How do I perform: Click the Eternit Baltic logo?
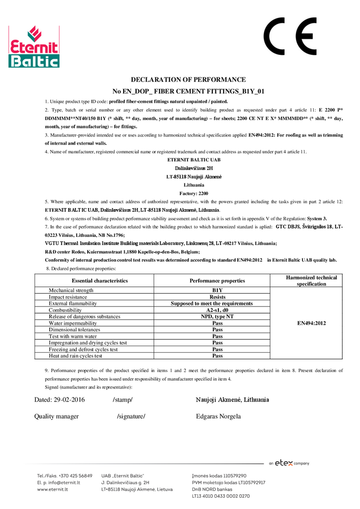[34, 47]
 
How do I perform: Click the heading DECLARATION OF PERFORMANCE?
[188, 79]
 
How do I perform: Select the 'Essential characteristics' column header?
[100, 280]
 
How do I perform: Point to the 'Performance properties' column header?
[217, 280]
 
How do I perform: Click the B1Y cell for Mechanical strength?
[217, 290]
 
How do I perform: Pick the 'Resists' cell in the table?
[217, 297]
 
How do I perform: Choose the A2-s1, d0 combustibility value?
[217, 310]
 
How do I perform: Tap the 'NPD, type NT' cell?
[217, 317]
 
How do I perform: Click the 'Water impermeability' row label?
[73, 323]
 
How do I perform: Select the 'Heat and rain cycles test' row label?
[75, 356]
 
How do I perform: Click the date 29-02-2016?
[60, 400]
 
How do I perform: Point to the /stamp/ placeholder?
[123, 400]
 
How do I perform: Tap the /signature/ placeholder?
[131, 416]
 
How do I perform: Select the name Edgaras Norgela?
[218, 416]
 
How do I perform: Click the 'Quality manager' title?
[57, 416]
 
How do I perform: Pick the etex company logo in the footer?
[289, 463]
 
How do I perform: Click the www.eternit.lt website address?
[52, 489]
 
